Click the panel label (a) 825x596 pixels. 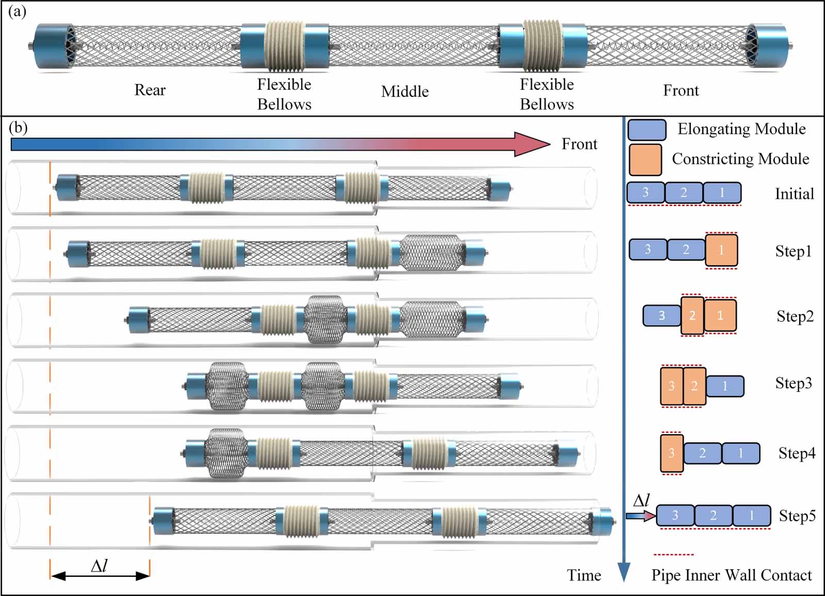tap(17, 11)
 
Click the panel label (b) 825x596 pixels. tap(18, 127)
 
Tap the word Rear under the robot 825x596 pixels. tap(150, 90)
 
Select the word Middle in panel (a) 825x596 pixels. tap(405, 92)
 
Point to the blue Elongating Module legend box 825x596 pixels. tap(647, 130)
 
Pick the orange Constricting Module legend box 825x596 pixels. tap(645, 160)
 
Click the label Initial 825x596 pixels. tap(794, 194)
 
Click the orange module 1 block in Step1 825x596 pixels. tap(721, 251)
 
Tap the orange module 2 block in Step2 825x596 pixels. tap(692, 316)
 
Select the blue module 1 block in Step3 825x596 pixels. tap(724, 386)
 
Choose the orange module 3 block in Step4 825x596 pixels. tap(671, 453)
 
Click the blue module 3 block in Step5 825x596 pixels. tap(674, 515)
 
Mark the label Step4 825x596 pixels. tap(797, 453)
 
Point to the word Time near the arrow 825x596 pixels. tap(584, 575)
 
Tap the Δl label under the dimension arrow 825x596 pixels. tap(99, 566)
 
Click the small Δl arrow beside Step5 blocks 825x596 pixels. tap(640, 516)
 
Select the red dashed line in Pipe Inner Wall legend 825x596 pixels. tap(673, 555)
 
